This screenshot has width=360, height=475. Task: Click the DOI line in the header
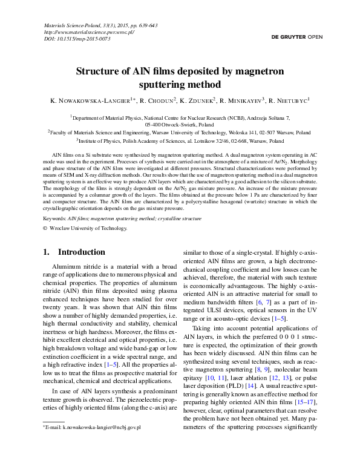(x=77, y=39)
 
